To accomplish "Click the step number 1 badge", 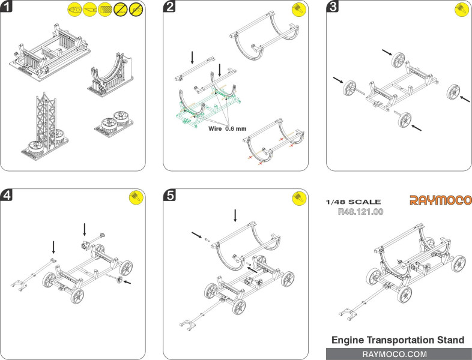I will (8, 8).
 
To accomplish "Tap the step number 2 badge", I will (171, 8).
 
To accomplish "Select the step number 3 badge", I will (333, 8).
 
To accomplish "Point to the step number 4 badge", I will (8, 194).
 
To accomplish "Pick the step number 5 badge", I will (171, 194).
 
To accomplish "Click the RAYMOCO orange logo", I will (440, 200).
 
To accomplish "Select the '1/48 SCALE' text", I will (352, 202).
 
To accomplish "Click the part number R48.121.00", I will (361, 212).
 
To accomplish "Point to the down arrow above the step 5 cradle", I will (235, 215).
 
